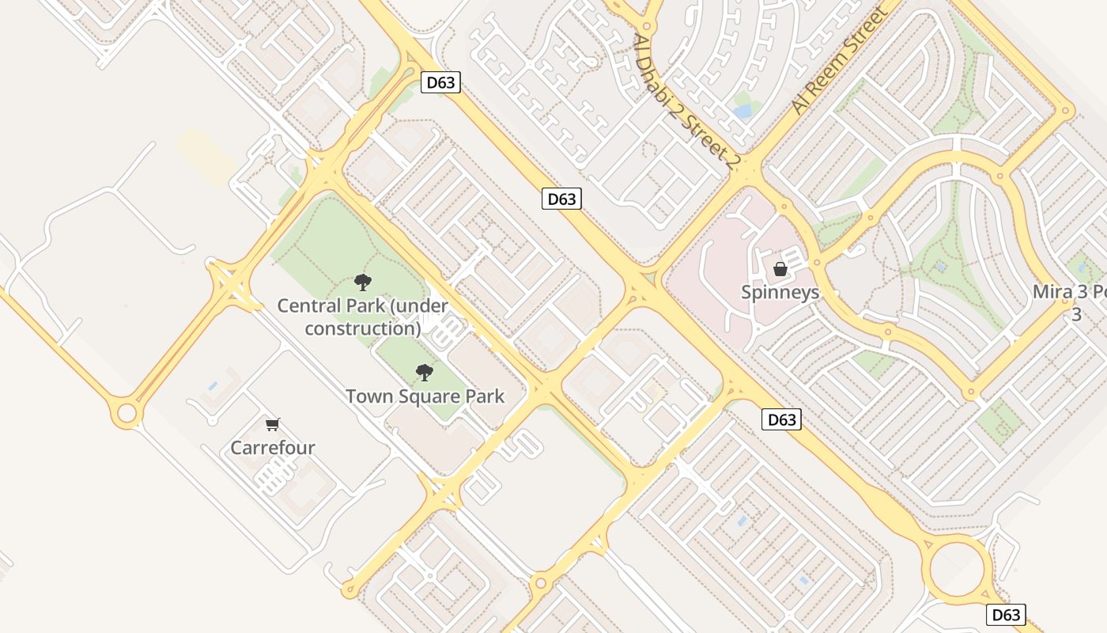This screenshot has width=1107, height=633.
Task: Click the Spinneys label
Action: tap(780, 292)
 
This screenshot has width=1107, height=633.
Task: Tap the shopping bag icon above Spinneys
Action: tap(780, 269)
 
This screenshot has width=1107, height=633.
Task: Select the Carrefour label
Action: tap(273, 448)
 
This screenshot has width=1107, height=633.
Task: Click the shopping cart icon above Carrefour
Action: tap(273, 425)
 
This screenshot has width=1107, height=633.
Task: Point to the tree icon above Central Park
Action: tap(363, 282)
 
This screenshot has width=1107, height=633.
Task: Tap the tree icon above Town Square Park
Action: tap(425, 372)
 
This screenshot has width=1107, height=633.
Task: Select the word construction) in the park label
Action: tap(363, 328)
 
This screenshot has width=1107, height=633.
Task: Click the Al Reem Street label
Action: tap(840, 61)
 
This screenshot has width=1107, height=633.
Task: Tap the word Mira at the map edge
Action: tap(1052, 292)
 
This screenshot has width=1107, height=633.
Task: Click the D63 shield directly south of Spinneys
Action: tap(782, 420)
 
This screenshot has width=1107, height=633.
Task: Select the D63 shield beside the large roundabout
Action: tap(1006, 615)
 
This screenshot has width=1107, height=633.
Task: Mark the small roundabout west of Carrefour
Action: tap(127, 413)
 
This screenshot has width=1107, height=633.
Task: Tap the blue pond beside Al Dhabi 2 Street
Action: tap(742, 112)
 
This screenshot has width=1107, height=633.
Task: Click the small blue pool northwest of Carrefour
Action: tap(212, 386)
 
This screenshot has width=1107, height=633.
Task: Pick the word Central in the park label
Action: tap(308, 305)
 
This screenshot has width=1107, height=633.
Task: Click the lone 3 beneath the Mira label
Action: tap(1075, 315)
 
